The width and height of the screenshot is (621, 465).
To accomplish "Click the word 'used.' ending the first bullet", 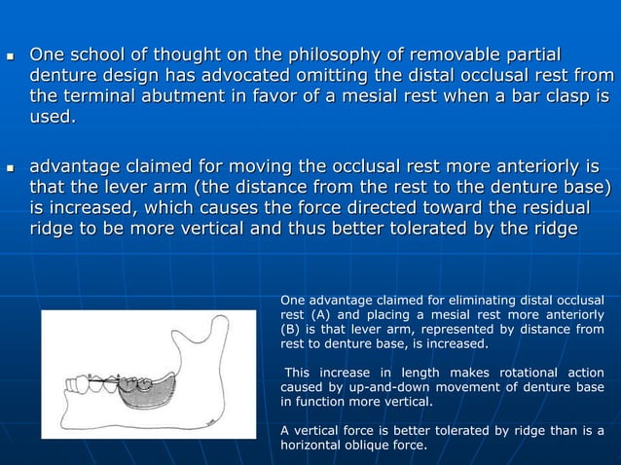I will point(52,119).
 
